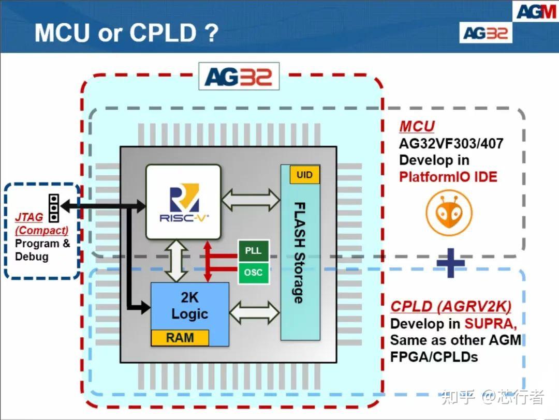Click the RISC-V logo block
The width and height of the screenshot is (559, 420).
183,202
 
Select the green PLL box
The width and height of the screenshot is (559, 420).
253,251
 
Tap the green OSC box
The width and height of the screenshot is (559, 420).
253,273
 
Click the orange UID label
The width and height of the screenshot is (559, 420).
304,175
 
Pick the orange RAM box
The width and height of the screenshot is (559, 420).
180,338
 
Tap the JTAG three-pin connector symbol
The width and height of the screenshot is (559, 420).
53,207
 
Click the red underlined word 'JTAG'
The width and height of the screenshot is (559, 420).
29,218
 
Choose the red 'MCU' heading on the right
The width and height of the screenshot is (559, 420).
417,126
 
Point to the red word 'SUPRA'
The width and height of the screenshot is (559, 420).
490,324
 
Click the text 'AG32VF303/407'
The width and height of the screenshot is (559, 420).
451,143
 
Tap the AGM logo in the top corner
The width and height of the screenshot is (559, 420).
536,11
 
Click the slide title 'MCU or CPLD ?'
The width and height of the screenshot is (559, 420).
126,33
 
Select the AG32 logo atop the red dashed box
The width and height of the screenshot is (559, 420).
239,77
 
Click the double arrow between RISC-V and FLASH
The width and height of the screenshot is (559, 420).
251,199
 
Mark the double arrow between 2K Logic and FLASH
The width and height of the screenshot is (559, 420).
254,312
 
